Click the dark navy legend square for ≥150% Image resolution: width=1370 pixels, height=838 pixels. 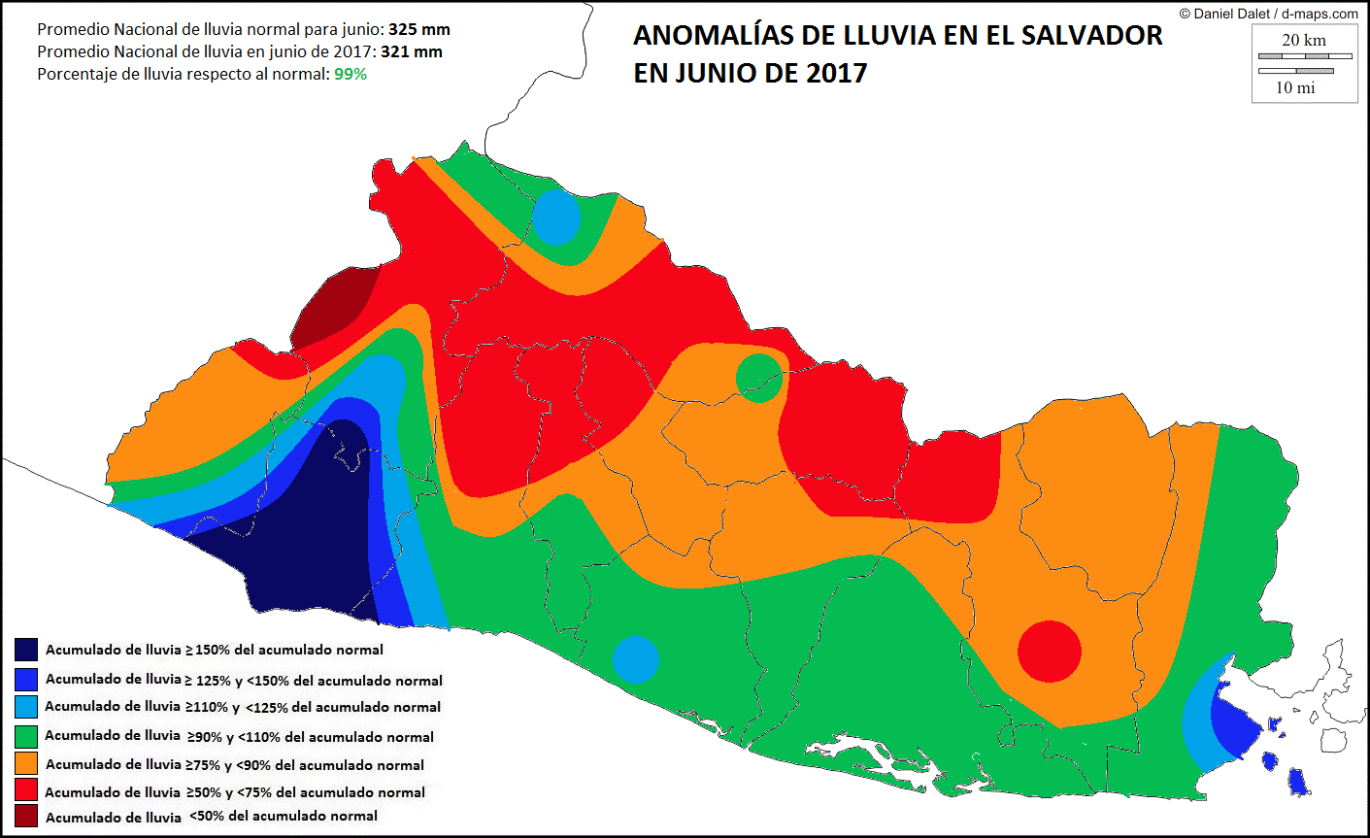pos(26,650)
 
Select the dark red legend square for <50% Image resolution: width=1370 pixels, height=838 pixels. pos(26,816)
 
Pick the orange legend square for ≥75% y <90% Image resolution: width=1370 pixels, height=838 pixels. pos(26,763)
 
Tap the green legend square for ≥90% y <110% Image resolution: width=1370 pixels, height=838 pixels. pos(26,735)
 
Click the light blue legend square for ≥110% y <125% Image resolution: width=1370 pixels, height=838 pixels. pos(26,706)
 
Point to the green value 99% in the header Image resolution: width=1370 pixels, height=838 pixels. pos(351,74)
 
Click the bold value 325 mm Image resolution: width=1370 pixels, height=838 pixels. pos(419,30)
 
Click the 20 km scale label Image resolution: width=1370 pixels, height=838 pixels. pos(1303,40)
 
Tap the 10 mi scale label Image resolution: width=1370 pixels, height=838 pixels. pos(1295,87)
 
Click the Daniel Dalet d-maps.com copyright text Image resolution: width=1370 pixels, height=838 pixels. pos(1268,14)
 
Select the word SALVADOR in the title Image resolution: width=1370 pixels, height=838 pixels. pos(1091,36)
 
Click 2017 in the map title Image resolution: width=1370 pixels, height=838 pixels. pos(836,73)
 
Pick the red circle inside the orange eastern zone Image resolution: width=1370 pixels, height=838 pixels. pos(1050,652)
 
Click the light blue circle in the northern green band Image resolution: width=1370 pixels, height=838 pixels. pos(556,218)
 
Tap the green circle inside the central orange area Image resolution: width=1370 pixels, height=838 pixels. pos(758,378)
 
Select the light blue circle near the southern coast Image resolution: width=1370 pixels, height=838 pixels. pos(636,659)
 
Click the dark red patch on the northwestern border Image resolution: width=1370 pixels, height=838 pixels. pos(335,306)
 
